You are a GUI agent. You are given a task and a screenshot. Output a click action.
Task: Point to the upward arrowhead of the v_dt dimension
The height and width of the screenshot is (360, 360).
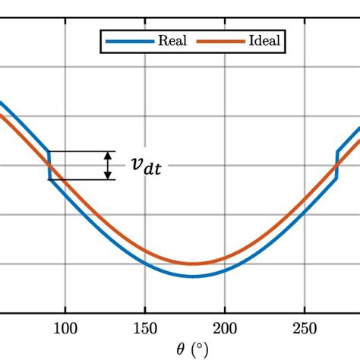coord(109,155)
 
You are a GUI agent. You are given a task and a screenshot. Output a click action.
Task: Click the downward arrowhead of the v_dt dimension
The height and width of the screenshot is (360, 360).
coord(109,175)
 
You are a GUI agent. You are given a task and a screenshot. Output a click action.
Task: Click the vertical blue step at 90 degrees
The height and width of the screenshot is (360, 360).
coord(49,165)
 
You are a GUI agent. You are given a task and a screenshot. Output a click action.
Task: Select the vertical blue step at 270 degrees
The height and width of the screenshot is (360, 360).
coord(336,165)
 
